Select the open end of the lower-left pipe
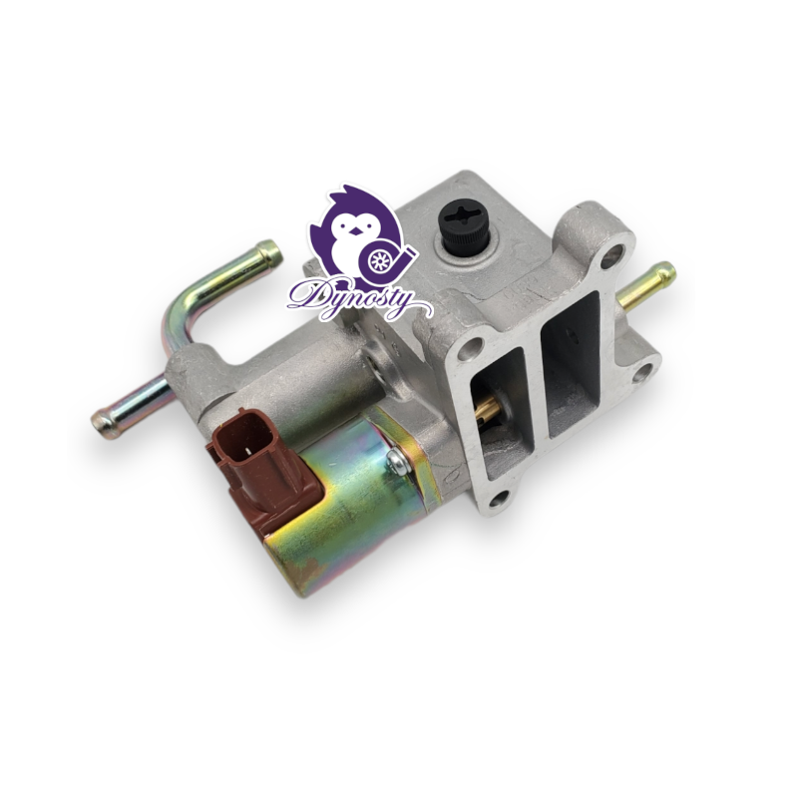(x=103, y=422)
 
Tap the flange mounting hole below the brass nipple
(x=643, y=372)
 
